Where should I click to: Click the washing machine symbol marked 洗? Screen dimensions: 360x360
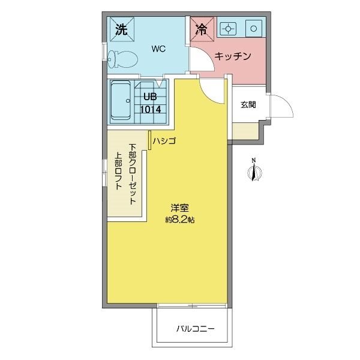click(x=122, y=29)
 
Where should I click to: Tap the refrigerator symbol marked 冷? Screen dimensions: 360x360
click(x=202, y=29)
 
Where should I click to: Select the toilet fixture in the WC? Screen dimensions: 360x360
click(x=123, y=59)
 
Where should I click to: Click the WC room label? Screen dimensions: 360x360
click(x=158, y=49)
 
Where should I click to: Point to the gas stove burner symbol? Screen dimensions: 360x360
click(x=228, y=29)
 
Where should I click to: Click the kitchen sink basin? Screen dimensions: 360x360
click(x=254, y=29)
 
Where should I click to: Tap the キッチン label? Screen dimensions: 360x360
click(x=233, y=56)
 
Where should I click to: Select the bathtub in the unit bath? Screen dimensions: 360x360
click(x=121, y=100)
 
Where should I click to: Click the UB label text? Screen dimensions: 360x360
click(x=150, y=97)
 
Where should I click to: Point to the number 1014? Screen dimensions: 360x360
click(x=151, y=110)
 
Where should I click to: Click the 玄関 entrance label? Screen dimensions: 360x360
click(x=248, y=105)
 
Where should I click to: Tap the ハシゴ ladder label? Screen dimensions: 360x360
click(x=164, y=141)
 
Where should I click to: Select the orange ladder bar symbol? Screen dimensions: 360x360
click(x=149, y=140)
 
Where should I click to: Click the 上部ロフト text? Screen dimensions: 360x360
click(x=118, y=171)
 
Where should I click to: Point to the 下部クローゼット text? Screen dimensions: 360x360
click(x=133, y=174)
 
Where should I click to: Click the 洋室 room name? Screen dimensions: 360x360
click(x=180, y=208)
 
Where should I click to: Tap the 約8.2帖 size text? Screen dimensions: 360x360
click(x=180, y=220)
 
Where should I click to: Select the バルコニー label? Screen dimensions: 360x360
click(x=196, y=329)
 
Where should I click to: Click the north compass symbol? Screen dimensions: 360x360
click(x=254, y=170)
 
